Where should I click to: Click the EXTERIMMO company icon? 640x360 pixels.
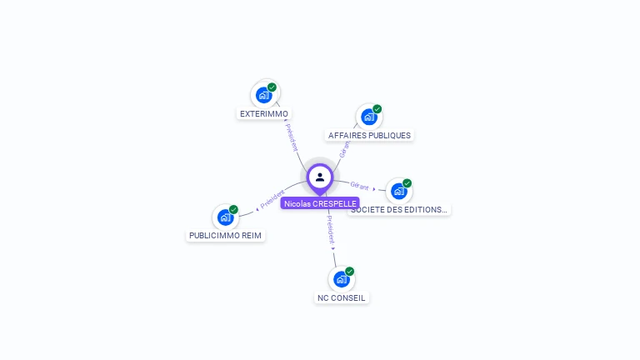[x=264, y=95]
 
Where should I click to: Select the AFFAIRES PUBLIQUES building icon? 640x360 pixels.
[x=369, y=117]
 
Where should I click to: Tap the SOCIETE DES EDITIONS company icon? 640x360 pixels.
[x=399, y=192]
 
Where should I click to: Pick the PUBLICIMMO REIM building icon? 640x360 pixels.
[x=225, y=217]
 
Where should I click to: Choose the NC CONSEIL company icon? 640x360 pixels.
[x=341, y=279]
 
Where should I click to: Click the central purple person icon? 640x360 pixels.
[x=320, y=177]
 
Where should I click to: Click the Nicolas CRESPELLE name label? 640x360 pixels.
[x=320, y=203]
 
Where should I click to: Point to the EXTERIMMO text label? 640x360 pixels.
[x=264, y=113]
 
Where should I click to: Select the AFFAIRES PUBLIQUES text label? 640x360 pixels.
[x=369, y=135]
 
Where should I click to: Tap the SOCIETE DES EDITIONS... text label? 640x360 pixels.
[x=399, y=210]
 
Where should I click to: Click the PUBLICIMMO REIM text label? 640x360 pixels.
[x=225, y=236]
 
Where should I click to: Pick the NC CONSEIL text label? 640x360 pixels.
[x=341, y=297]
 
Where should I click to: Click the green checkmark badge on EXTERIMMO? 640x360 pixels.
[x=272, y=87]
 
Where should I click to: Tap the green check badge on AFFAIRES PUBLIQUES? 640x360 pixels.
[x=377, y=108]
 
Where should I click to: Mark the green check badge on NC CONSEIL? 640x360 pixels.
[x=350, y=271]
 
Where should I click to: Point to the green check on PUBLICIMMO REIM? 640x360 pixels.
[x=234, y=209]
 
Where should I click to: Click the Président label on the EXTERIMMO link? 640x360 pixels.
[x=292, y=137]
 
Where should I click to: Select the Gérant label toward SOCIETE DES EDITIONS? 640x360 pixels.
[x=360, y=186]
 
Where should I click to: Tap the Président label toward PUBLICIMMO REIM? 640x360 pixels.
[x=272, y=200]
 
